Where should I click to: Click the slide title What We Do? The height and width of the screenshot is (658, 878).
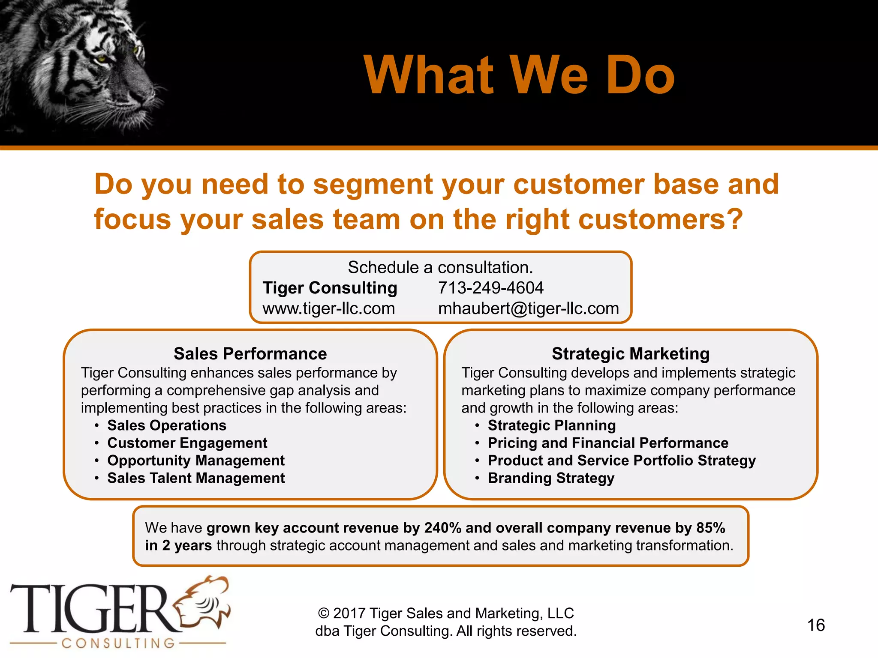click(x=519, y=75)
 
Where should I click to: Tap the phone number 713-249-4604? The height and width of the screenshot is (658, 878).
click(x=490, y=288)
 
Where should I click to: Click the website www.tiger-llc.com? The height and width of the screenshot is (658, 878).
click(x=328, y=308)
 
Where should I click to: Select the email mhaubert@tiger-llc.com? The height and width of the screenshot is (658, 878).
click(x=528, y=308)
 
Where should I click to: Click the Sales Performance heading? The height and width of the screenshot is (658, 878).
click(x=250, y=354)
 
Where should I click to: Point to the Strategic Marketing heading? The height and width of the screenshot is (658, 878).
click(x=630, y=354)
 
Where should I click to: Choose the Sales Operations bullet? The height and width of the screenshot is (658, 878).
click(x=166, y=425)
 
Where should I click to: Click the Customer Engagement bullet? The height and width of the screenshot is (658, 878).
click(x=187, y=443)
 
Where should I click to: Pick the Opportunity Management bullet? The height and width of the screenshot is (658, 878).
click(x=196, y=461)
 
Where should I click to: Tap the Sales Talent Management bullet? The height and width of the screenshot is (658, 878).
click(x=196, y=478)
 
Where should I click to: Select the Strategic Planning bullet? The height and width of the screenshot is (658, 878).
click(x=551, y=425)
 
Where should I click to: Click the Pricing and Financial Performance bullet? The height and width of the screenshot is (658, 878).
click(x=608, y=443)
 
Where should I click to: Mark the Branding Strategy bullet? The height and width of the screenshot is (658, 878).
click(x=551, y=478)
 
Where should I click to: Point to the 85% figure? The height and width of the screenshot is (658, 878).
click(x=710, y=528)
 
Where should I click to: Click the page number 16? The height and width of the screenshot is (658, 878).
click(x=816, y=625)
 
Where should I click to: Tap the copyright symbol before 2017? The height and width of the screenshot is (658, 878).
click(x=324, y=613)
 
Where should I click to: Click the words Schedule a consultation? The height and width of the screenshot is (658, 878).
click(x=440, y=267)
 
